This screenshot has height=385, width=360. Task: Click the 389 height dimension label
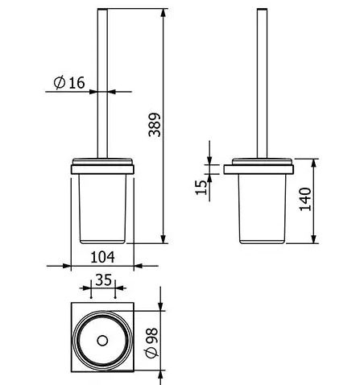155,125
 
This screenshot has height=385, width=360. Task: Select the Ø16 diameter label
69,82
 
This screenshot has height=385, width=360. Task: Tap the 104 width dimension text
103,257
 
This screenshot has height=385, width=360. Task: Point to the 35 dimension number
103,280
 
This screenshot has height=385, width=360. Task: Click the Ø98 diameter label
152,342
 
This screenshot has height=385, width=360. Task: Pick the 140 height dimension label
305,199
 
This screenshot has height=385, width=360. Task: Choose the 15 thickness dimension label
201,187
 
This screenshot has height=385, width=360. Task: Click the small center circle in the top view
102,341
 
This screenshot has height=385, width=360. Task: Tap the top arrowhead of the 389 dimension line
163,13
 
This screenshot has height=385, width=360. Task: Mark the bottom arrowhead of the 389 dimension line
163,239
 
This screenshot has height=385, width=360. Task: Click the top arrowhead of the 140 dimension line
314,163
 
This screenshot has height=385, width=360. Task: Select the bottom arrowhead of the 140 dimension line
314,239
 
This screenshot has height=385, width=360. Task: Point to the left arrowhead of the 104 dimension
67,266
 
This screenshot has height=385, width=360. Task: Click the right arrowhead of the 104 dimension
138,266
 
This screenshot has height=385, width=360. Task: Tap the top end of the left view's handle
102,9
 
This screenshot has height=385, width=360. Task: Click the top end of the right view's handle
262,9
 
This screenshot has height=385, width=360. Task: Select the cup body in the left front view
102,209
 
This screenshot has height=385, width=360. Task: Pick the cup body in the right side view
262,209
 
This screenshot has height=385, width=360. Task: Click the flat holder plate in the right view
259,170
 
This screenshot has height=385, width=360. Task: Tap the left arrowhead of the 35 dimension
87,288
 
